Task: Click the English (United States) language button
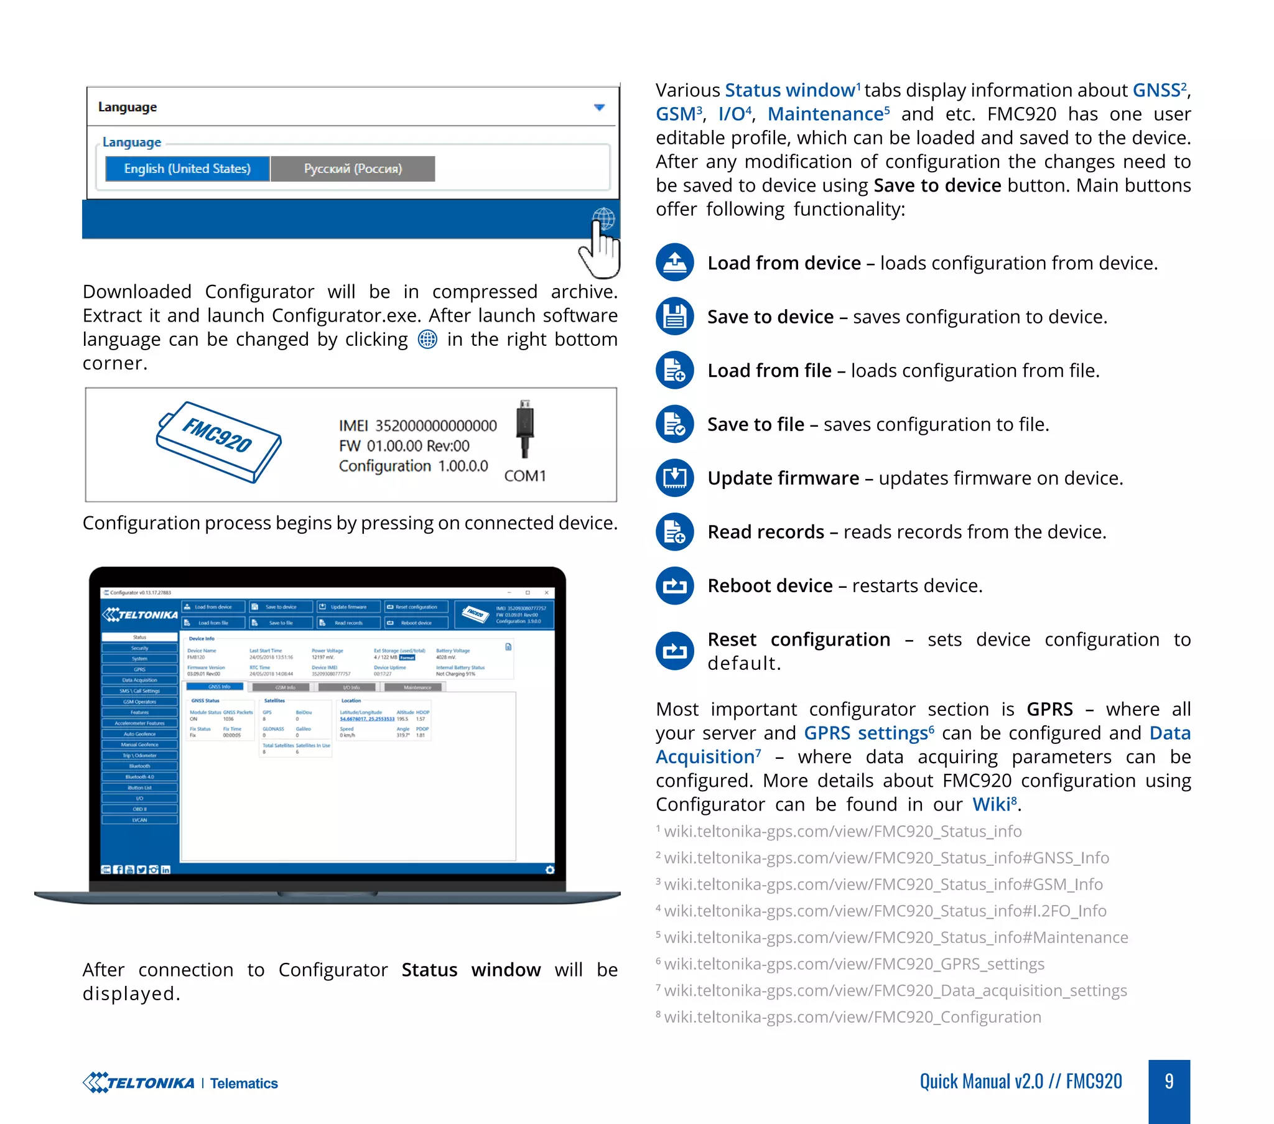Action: tap(187, 169)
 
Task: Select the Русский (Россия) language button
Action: tap(353, 169)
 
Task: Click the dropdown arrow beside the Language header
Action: tap(599, 108)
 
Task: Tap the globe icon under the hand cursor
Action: tap(603, 219)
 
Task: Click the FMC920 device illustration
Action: tap(218, 442)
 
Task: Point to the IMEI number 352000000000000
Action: tap(435, 426)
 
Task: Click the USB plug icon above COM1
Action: tap(525, 429)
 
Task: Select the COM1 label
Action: tap(525, 476)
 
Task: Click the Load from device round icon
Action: tap(674, 262)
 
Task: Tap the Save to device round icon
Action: tap(674, 316)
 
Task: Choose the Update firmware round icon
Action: tap(674, 478)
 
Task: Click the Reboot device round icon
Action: tap(674, 585)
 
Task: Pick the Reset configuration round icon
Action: tap(674, 651)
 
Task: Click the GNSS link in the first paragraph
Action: tap(1156, 90)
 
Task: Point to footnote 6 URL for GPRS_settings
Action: tap(854, 964)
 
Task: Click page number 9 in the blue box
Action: tap(1169, 1082)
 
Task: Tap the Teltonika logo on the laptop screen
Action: tap(140, 615)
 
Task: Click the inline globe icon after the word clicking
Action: tap(427, 340)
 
